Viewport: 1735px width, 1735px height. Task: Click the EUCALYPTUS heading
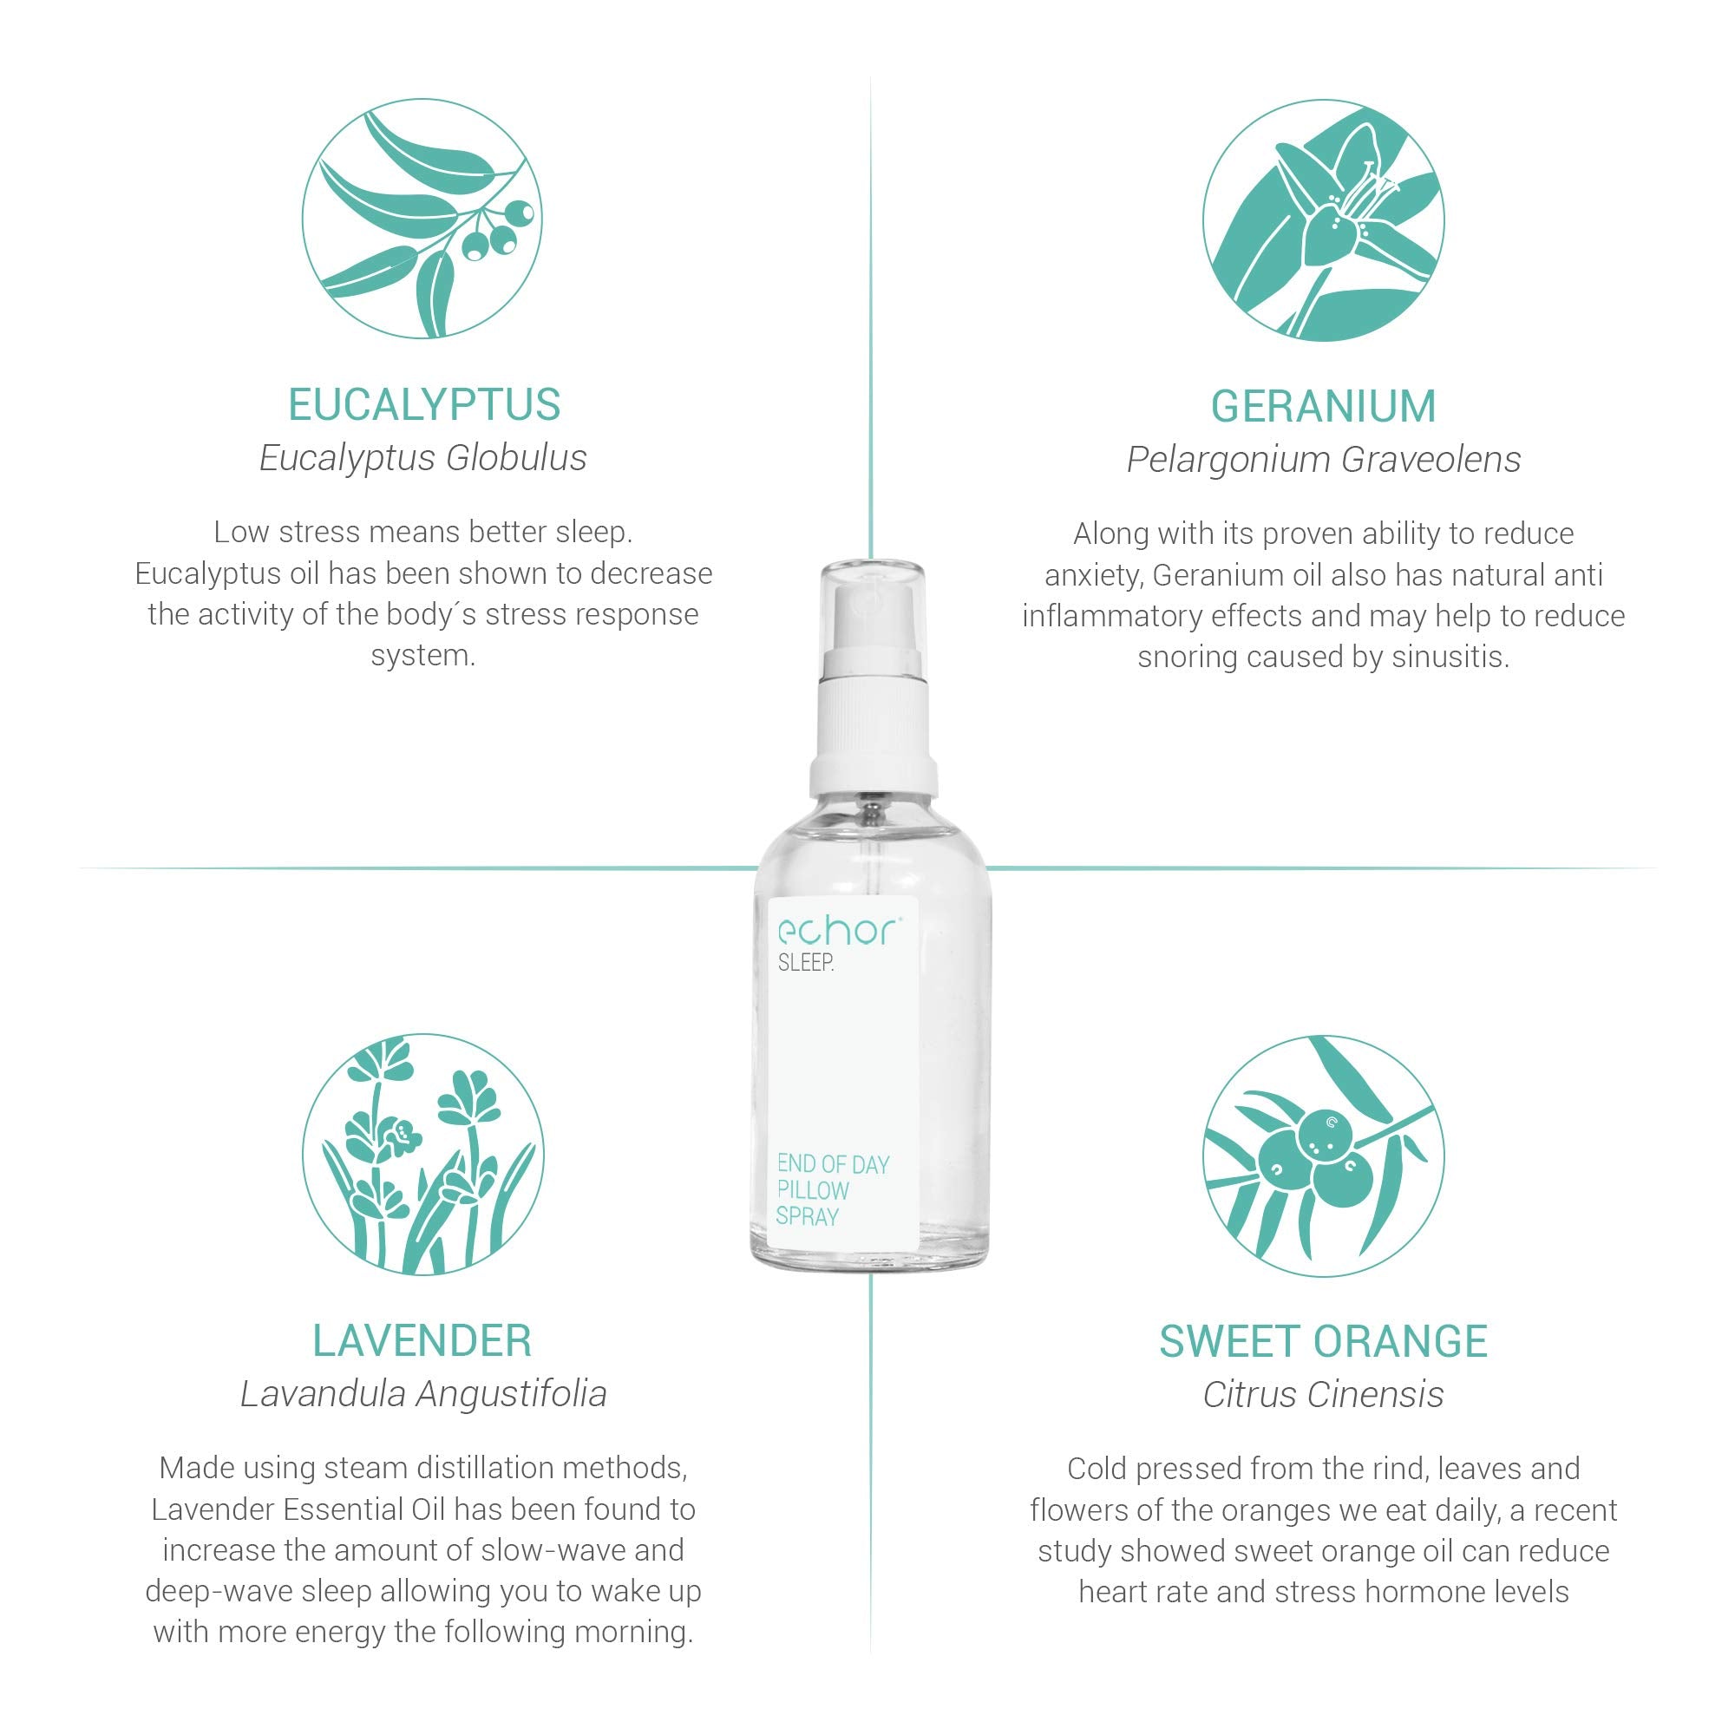[424, 405]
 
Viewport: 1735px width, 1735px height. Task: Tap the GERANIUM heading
[1323, 407]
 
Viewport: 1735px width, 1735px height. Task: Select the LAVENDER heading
[422, 1341]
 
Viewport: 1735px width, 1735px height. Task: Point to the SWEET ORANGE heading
[1323, 1342]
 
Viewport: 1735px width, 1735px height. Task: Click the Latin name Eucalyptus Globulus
[423, 458]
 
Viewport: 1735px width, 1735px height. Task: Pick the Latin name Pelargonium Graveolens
[1323, 460]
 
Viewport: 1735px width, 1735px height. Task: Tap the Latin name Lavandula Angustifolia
[423, 1394]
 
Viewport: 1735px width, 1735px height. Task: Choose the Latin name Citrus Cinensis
[1323, 1395]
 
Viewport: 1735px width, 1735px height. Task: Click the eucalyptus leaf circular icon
[422, 219]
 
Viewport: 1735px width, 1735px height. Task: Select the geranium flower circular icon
[1323, 220]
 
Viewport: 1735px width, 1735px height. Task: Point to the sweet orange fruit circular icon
[1323, 1156]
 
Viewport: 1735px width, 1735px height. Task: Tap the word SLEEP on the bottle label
[806, 963]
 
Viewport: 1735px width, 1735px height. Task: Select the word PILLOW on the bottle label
[813, 1191]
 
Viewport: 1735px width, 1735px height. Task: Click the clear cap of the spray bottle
[871, 611]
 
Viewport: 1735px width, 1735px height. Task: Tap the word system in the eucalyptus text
[422, 656]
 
